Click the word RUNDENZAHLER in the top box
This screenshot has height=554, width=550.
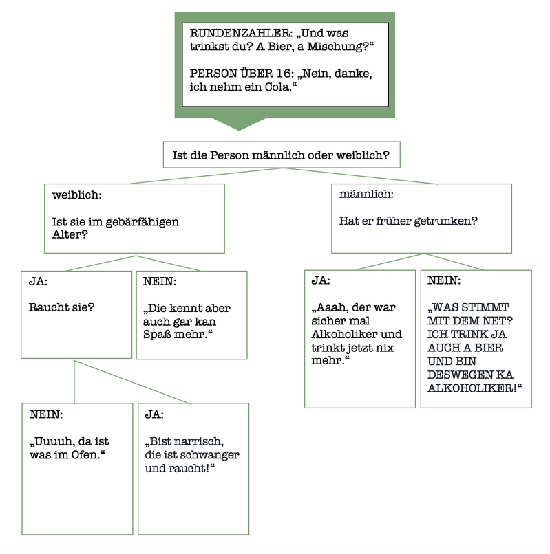pos(241,33)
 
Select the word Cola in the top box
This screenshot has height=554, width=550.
pos(277,87)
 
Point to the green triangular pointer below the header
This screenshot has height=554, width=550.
pos(239,124)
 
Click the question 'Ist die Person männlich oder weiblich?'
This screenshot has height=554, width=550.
pos(281,155)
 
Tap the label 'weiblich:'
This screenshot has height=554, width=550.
pos(77,195)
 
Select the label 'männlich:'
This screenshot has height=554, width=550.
pos(366,194)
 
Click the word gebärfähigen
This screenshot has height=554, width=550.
pos(142,222)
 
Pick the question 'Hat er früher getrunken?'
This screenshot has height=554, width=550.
pos(408,221)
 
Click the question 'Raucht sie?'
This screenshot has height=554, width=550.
pos(61,307)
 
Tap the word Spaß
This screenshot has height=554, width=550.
pos(156,335)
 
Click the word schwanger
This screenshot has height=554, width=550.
pos(208,455)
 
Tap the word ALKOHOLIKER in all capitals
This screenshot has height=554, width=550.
pos(470,388)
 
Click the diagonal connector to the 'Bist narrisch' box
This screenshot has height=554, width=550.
pos(132,382)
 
